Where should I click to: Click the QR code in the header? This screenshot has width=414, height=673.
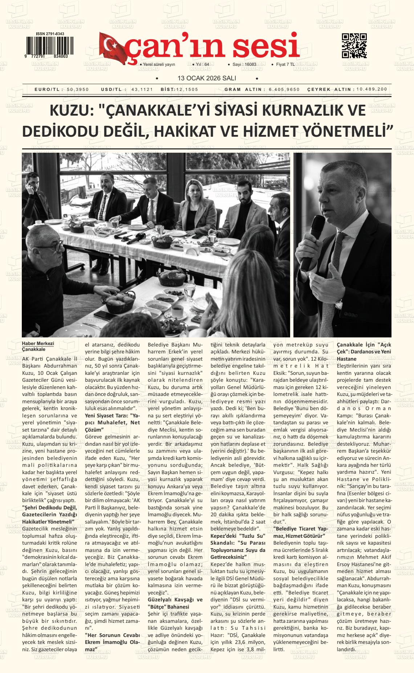[x=354, y=46]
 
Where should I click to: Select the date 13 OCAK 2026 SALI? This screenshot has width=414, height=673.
[x=207, y=79]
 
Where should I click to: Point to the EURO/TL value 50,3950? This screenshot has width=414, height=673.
[x=78, y=89]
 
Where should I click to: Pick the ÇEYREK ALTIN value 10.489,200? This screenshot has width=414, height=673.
[x=372, y=89]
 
